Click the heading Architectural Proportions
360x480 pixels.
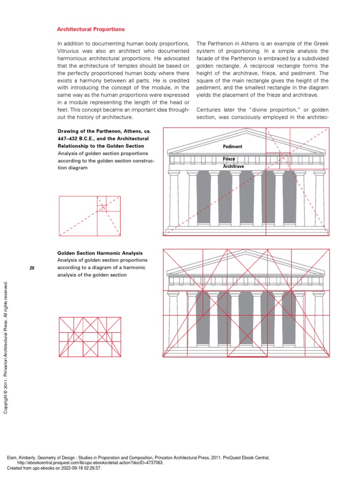(91, 29)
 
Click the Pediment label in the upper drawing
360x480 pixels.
(232, 147)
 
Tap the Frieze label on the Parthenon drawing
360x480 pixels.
(229, 159)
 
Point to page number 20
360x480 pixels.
(32, 268)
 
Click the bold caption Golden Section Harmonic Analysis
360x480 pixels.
(100, 253)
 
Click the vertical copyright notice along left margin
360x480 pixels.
(6, 347)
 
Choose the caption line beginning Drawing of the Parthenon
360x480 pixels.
(103, 131)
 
